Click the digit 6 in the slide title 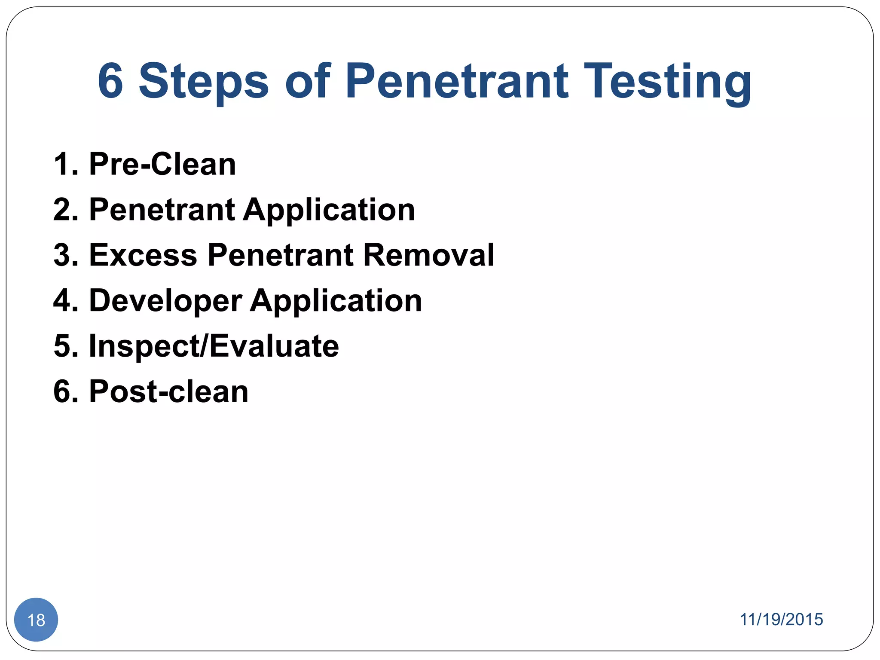point(110,81)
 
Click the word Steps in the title point(204,83)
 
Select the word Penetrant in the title point(457,81)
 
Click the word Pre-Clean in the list point(162,164)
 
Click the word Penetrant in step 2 point(162,210)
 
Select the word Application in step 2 point(329,211)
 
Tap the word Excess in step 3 point(143,255)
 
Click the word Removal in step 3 point(429,255)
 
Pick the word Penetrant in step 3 point(281,255)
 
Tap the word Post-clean point(168,392)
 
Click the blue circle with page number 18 point(36,620)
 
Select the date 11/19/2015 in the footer point(781,620)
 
